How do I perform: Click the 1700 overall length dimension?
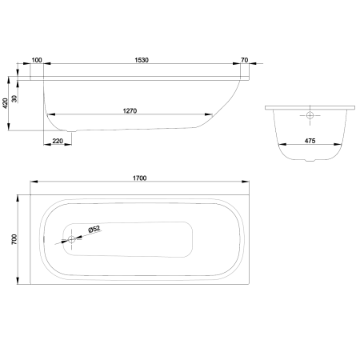[140, 178]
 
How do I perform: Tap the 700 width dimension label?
[14, 239]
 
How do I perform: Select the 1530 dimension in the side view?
[142, 60]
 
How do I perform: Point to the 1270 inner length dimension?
[130, 111]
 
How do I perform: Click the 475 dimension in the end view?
[310, 141]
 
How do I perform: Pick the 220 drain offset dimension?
[58, 141]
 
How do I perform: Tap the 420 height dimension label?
[6, 103]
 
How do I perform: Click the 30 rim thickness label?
[14, 98]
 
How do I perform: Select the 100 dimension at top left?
[37, 60]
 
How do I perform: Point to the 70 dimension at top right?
[244, 60]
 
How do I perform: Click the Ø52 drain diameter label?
[94, 230]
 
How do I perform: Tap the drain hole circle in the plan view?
[71, 239]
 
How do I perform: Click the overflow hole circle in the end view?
[310, 115]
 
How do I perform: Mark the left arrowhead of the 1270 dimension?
[51, 114]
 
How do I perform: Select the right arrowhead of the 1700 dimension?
[246, 182]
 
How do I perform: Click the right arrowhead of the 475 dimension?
[338, 145]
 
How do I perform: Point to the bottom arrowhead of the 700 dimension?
[18, 280]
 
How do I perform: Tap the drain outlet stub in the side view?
[71, 131]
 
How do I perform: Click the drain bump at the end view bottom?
[310, 160]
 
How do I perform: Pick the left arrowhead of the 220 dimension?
[47, 145]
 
